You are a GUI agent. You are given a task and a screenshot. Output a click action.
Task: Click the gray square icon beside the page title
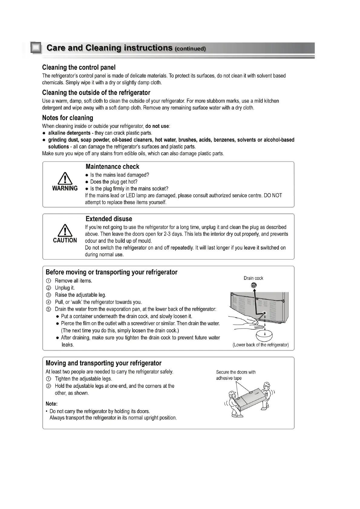36,48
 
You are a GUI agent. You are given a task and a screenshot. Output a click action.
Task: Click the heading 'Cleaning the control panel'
79,67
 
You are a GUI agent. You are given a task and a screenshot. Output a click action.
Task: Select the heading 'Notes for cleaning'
67,118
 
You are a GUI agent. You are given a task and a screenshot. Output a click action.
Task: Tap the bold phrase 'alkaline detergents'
69,133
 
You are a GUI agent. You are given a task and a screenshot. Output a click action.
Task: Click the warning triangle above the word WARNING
65,178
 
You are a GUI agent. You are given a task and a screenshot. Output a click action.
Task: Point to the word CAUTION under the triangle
65,240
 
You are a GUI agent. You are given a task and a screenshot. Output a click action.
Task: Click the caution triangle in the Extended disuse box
65,230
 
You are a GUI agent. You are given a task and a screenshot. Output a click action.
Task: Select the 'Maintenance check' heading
112,167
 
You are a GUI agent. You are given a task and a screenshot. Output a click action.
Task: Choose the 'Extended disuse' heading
109,219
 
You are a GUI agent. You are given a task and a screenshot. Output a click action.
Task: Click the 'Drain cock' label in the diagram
253,278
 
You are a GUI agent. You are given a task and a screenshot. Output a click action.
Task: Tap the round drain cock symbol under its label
254,285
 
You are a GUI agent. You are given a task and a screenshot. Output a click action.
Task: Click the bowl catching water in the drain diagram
264,335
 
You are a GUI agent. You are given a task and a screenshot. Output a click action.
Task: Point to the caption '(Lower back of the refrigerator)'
260,345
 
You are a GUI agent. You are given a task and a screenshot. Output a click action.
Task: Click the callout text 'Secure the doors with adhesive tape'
236,375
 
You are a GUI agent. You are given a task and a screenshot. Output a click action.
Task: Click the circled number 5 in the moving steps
48,309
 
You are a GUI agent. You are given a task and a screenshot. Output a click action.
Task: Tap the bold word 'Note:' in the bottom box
51,404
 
